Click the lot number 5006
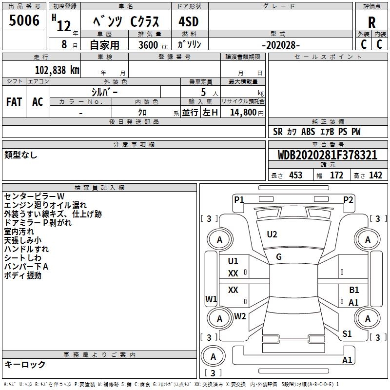pyautogui.click(x=24, y=20)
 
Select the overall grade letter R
pyautogui.click(x=371, y=22)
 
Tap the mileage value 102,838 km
pyautogui.click(x=57, y=70)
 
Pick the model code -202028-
pyautogui.click(x=281, y=45)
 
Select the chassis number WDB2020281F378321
pyautogui.click(x=327, y=155)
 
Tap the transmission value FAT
pyautogui.click(x=14, y=102)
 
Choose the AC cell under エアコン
pyautogui.click(x=38, y=102)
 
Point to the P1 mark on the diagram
pyautogui.click(x=239, y=199)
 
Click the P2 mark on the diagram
pyautogui.click(x=348, y=199)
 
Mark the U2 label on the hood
pyautogui.click(x=272, y=234)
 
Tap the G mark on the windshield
pyautogui.click(x=279, y=257)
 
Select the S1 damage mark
pyautogui.click(x=347, y=334)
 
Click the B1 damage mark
pyautogui.click(x=354, y=290)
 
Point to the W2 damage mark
pyautogui.click(x=240, y=316)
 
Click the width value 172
pyautogui.click(x=337, y=175)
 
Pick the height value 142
pyautogui.click(x=375, y=175)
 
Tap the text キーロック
pyautogui.click(x=25, y=365)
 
